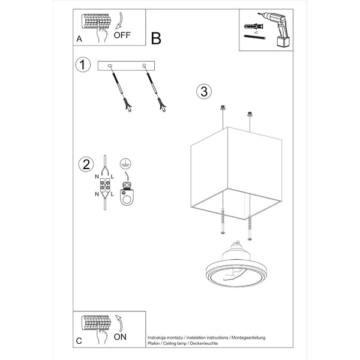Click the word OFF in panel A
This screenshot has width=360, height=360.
(x=122, y=34)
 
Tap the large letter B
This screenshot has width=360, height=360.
(x=156, y=39)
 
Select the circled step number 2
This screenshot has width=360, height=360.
(x=86, y=164)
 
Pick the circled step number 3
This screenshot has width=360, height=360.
(x=203, y=91)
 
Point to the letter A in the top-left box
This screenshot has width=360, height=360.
(x=79, y=38)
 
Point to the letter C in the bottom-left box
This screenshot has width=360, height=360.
(x=79, y=340)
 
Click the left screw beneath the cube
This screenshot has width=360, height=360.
(x=223, y=222)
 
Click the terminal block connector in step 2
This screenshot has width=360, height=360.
(x=104, y=187)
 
